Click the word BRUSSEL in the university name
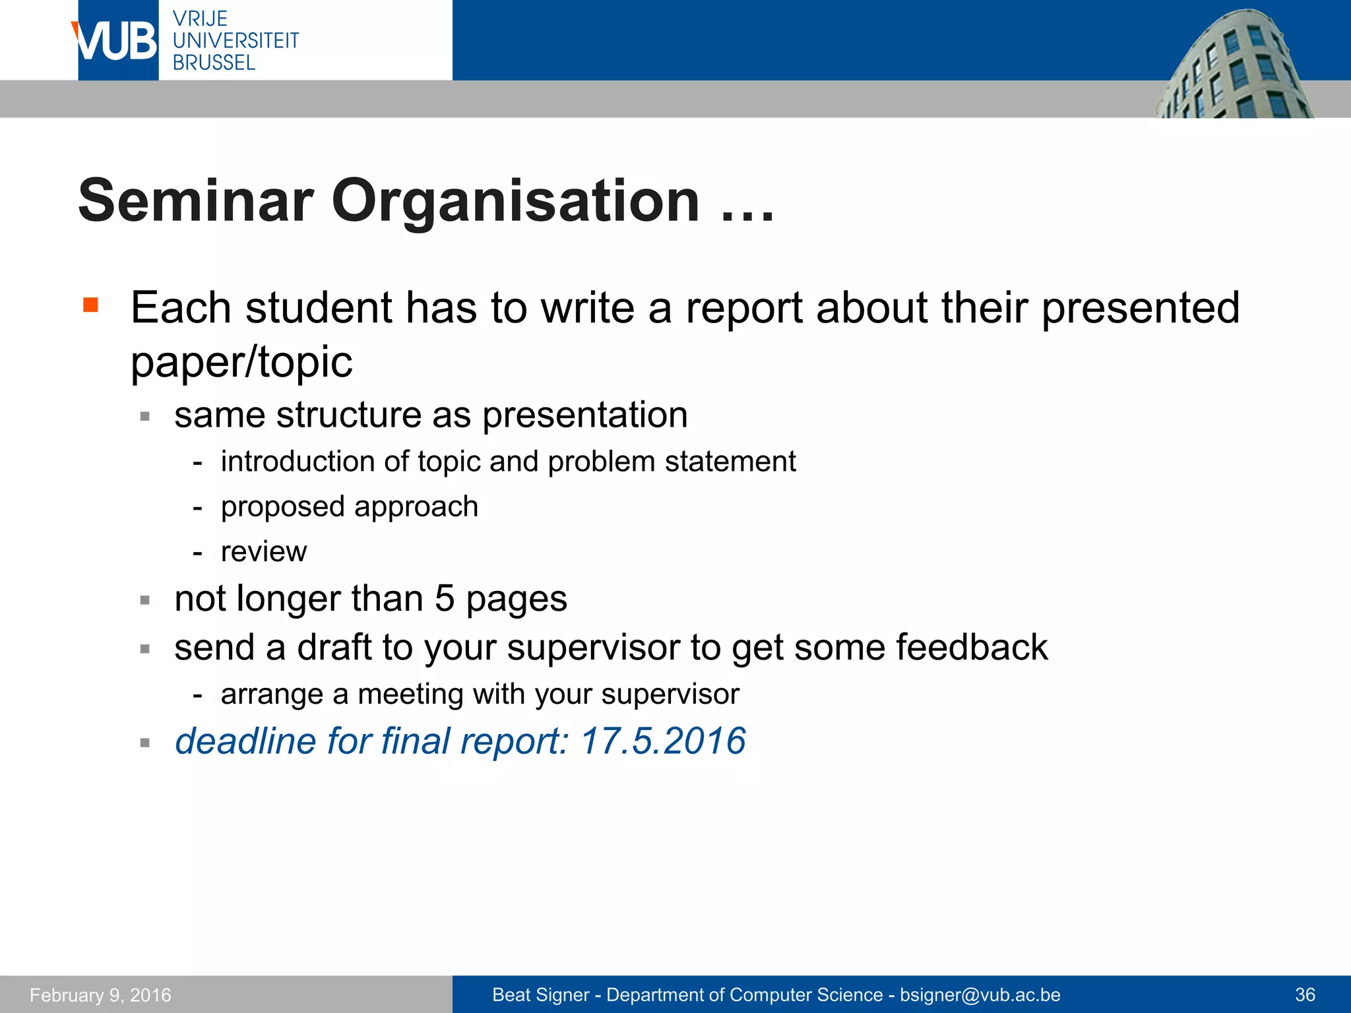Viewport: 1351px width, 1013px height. pos(214,63)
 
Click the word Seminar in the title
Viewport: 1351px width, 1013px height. pos(195,200)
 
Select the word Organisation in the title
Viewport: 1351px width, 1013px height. pos(515,200)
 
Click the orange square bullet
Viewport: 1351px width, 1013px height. pos(91,305)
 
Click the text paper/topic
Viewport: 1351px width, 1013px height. pos(241,362)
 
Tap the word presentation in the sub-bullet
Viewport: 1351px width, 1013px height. pos(585,415)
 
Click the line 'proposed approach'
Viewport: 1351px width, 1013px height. pos(349,506)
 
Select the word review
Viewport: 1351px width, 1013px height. pos(264,551)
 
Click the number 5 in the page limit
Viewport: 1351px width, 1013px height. pos(445,599)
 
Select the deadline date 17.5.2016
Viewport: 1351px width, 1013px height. pos(663,741)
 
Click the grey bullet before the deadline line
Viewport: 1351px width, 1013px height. pos(145,743)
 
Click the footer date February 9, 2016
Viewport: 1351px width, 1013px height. pos(100,995)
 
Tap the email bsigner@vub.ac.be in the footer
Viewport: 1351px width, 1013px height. pos(980,995)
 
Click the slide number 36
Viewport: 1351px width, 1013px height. pos(1305,995)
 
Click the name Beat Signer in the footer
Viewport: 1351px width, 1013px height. pos(540,995)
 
